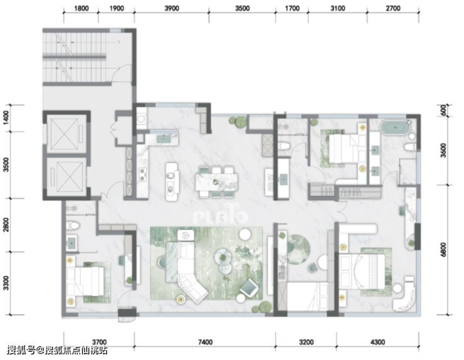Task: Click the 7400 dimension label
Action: tap(205, 342)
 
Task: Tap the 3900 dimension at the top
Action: tap(172, 8)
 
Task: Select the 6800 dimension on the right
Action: tap(443, 250)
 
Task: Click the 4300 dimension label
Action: tap(377, 342)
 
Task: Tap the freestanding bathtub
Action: tap(396, 127)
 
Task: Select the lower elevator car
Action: tap(66, 177)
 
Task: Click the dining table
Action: tap(216, 182)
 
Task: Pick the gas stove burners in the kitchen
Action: tap(143, 174)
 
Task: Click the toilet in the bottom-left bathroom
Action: tap(73, 226)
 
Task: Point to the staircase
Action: tap(75, 57)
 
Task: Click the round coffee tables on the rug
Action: tap(223, 260)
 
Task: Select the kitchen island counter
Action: tap(172, 181)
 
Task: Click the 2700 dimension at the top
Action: tap(393, 8)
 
